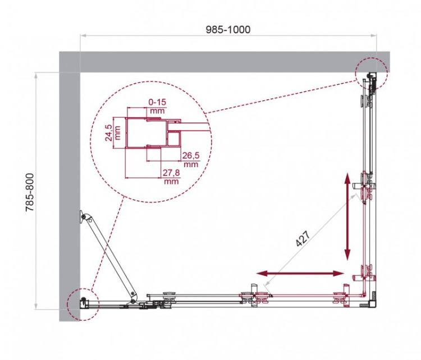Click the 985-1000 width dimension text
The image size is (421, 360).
(x=227, y=29)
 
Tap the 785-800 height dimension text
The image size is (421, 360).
(x=31, y=191)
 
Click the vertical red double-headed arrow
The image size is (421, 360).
(x=348, y=215)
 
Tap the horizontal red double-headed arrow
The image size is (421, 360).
(x=300, y=273)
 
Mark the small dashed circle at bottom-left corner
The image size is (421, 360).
(x=82, y=304)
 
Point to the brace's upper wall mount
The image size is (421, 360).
(x=84, y=216)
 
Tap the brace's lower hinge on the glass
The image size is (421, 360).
(x=133, y=297)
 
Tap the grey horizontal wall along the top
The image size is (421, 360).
(x=225, y=62)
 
